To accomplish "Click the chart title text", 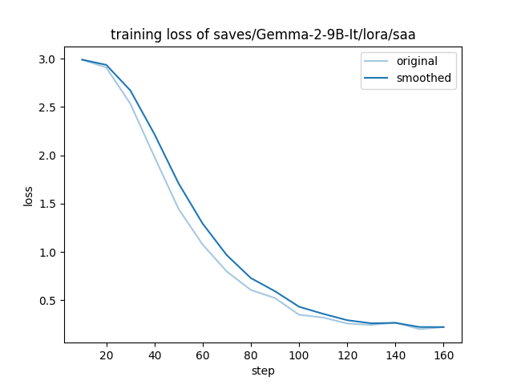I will pos(263,34).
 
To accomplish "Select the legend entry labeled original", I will pos(418,62).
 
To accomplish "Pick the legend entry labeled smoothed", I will pos(423,79).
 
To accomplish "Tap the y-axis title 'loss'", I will pos(29,197).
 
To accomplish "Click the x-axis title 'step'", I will pos(263,371).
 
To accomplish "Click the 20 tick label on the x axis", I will pos(107,354).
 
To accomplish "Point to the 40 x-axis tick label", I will pos(155,354).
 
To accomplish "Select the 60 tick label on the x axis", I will pos(203,354).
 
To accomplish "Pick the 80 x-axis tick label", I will pos(251,354).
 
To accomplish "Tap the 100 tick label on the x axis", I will pos(299,354).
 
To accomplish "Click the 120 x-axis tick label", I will pos(347,354).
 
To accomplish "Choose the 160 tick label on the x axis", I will pos(444,354).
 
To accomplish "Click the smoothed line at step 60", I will pos(203,224).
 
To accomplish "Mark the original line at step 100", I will pos(299,314).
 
